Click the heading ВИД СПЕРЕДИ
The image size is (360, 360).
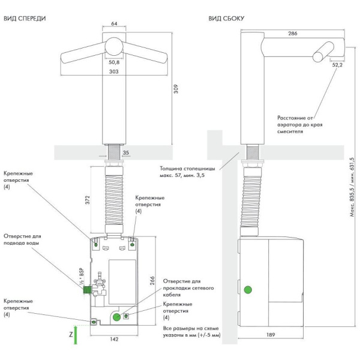[25, 19]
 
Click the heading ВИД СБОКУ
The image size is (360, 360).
[226, 19]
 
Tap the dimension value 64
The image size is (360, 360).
[114, 24]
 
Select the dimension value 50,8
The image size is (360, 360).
[114, 61]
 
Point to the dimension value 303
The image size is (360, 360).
[114, 71]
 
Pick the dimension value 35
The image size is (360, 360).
[125, 153]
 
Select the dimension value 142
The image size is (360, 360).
[113, 340]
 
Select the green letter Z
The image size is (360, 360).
[71, 333]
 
